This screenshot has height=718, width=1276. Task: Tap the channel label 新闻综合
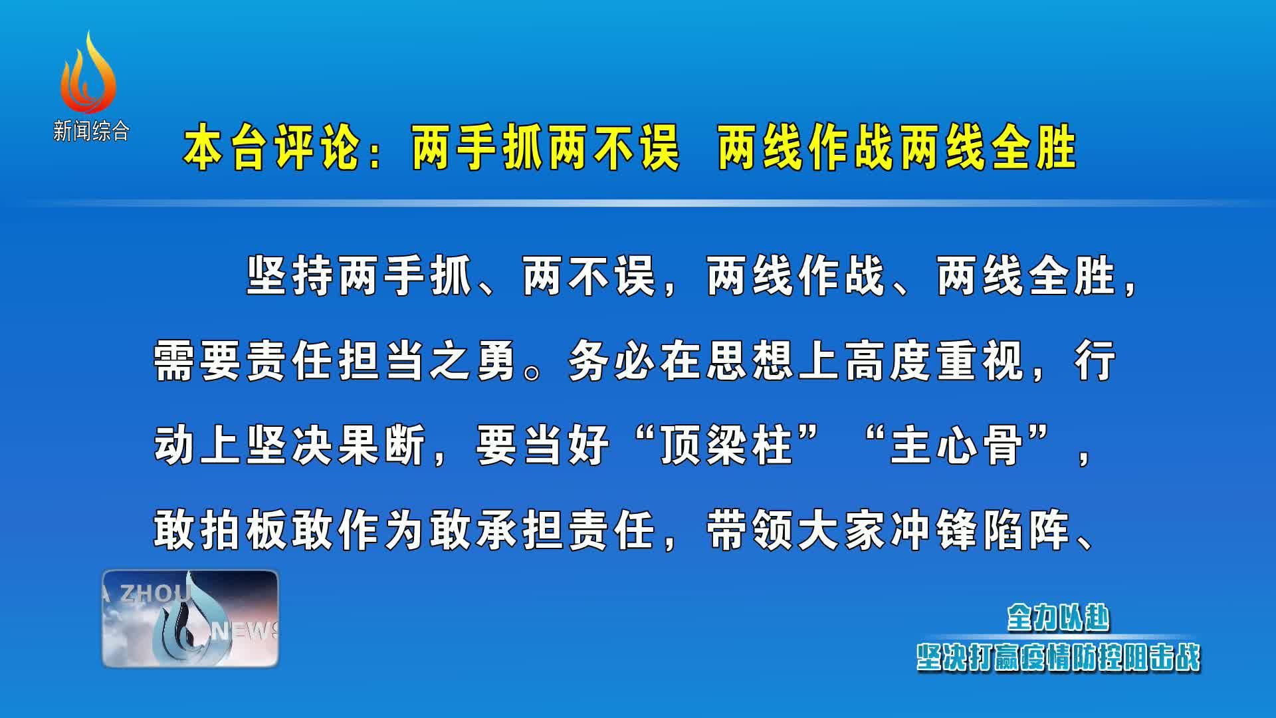[x=91, y=131]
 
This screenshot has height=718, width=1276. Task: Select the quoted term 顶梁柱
[x=727, y=445]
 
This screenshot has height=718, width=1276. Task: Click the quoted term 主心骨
[x=958, y=445]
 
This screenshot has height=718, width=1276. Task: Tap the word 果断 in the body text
[x=382, y=445]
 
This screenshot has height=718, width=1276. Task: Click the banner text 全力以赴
[x=1059, y=618]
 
